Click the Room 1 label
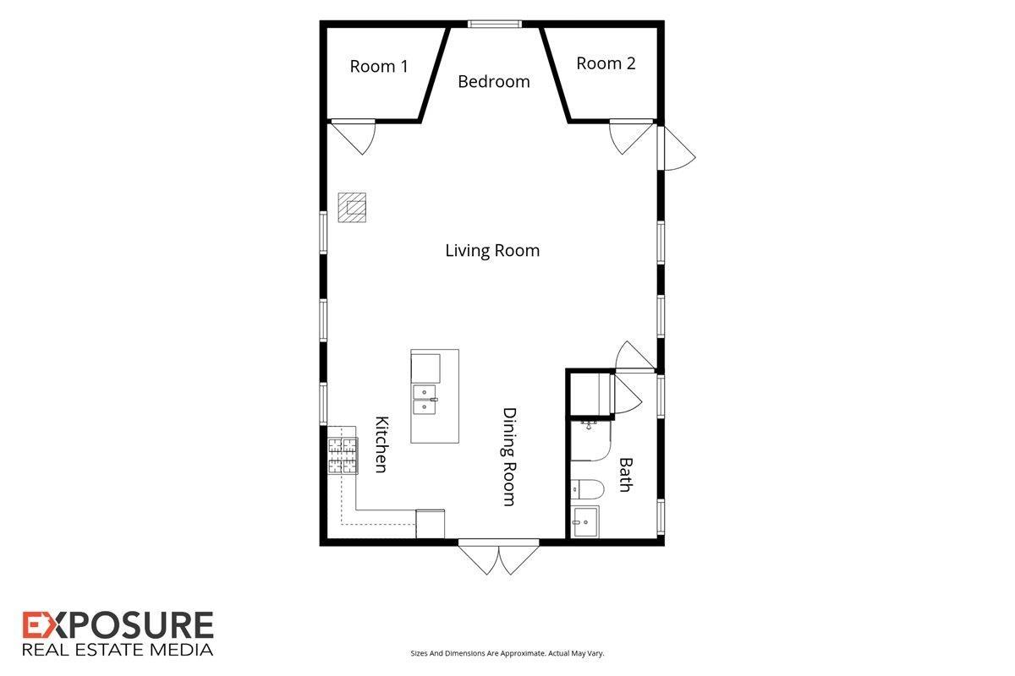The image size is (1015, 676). tap(379, 67)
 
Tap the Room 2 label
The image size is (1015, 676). tap(606, 63)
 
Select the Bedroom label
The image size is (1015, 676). tap(494, 81)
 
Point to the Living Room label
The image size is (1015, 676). tap(492, 250)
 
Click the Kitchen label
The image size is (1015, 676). tap(381, 444)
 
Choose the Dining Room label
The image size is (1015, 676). tap(510, 457)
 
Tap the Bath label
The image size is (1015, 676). tap(626, 475)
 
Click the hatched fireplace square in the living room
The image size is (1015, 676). tap(352, 207)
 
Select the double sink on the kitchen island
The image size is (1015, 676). tap(425, 400)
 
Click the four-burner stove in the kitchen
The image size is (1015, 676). tap(343, 455)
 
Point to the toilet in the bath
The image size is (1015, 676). tap(587, 489)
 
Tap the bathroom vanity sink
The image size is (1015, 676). tap(585, 521)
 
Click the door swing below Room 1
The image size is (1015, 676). tap(354, 137)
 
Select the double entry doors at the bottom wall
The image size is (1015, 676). tap(498, 557)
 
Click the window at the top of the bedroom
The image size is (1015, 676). tap(494, 24)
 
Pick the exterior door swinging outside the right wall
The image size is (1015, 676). tap(677, 148)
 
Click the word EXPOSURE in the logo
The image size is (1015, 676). tap(118, 625)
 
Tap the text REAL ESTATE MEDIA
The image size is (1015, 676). tap(118, 650)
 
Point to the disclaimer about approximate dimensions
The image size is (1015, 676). tap(507, 653)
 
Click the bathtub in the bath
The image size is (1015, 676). tap(591, 441)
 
